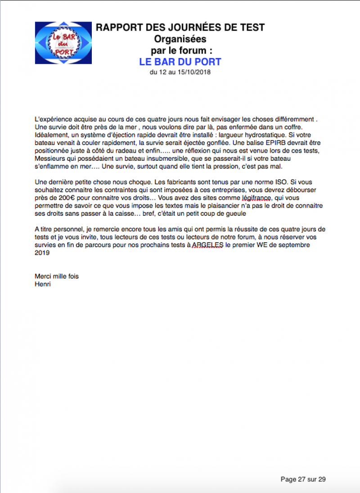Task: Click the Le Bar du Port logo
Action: tap(63, 43)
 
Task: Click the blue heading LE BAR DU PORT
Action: tap(180, 62)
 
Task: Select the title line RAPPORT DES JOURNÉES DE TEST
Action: tap(180, 27)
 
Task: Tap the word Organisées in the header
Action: tap(180, 39)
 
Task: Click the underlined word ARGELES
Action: tap(208, 245)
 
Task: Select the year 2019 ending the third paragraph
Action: tap(42, 253)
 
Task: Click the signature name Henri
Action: tap(42, 284)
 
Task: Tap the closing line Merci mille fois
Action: tap(57, 276)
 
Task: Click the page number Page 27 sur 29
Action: tap(303, 479)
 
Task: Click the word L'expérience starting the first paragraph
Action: tap(51, 119)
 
